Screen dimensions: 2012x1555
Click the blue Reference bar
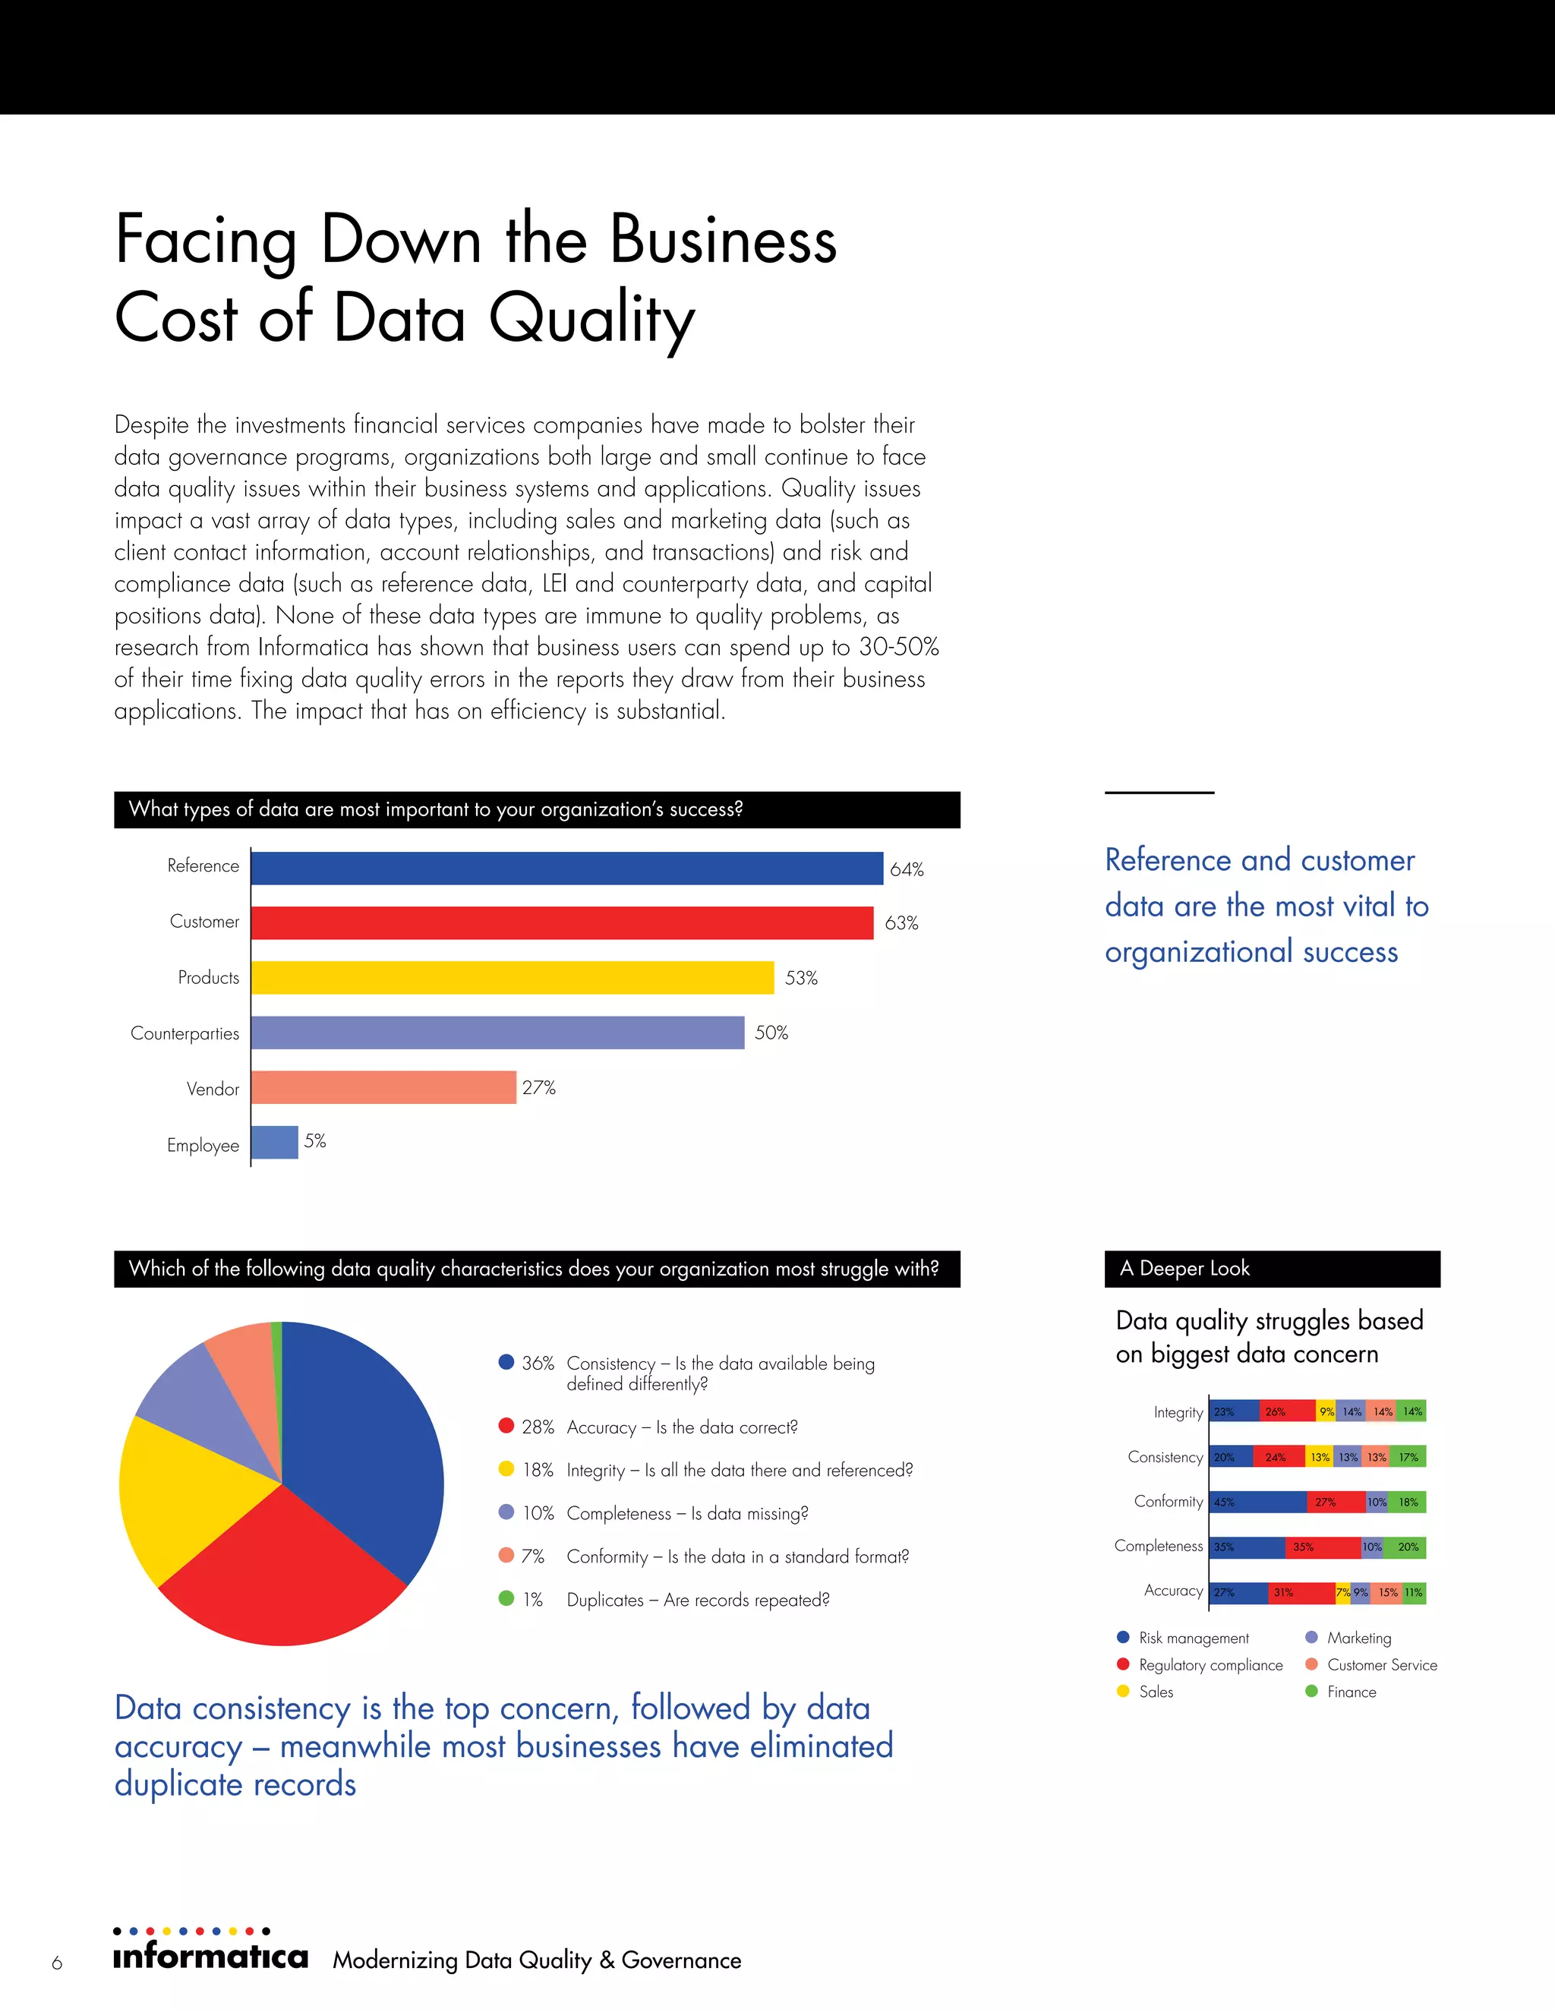pos(566,868)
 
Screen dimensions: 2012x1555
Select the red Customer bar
pos(562,922)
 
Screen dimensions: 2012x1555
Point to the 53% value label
pos(800,977)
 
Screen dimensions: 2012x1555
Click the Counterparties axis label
pos(185,1033)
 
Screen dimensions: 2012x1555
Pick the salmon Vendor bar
pos(383,1087)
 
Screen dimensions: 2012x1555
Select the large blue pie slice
pos(368,1446)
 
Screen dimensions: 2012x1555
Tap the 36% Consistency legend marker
pos(506,1361)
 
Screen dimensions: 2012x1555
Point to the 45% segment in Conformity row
pos(1257,1502)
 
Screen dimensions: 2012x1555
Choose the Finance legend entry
pos(1351,1692)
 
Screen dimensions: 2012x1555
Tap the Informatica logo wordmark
pos(210,1956)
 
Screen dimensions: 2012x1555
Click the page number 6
pos(57,1962)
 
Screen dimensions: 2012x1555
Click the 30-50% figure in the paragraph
pos(898,647)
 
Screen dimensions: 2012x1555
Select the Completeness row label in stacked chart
pos(1158,1546)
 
